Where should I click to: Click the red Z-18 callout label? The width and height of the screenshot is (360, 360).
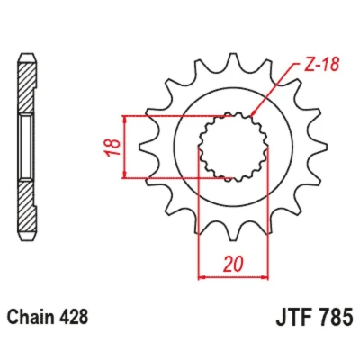(321, 65)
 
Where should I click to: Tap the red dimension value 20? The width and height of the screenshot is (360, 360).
(233, 265)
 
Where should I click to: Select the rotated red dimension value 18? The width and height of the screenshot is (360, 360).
(114, 147)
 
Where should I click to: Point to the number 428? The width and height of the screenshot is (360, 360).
(74, 317)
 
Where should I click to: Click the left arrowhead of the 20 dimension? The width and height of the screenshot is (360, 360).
(202, 277)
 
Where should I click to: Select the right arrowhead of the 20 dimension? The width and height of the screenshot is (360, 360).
(265, 277)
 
